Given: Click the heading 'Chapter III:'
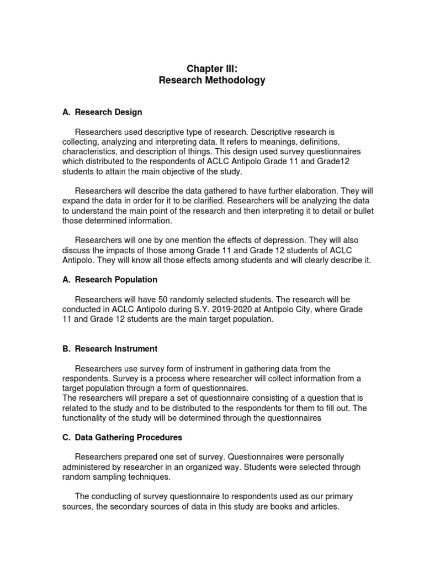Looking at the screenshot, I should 212,68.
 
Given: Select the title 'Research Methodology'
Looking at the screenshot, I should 212,81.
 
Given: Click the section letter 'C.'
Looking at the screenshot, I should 66,437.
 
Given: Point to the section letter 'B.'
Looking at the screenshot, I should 66,349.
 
